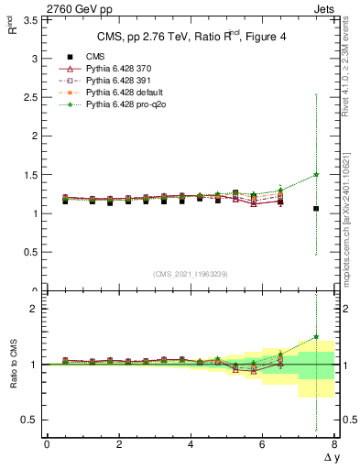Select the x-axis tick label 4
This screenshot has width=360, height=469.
[x=191, y=444]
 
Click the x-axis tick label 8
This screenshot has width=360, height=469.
[x=334, y=444]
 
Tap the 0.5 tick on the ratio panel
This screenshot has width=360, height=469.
[x=27, y=420]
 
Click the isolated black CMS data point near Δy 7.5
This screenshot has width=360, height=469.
[x=316, y=209]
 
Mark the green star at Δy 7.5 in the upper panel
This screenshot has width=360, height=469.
[x=316, y=174]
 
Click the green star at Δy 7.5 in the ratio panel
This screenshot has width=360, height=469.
[x=316, y=336]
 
